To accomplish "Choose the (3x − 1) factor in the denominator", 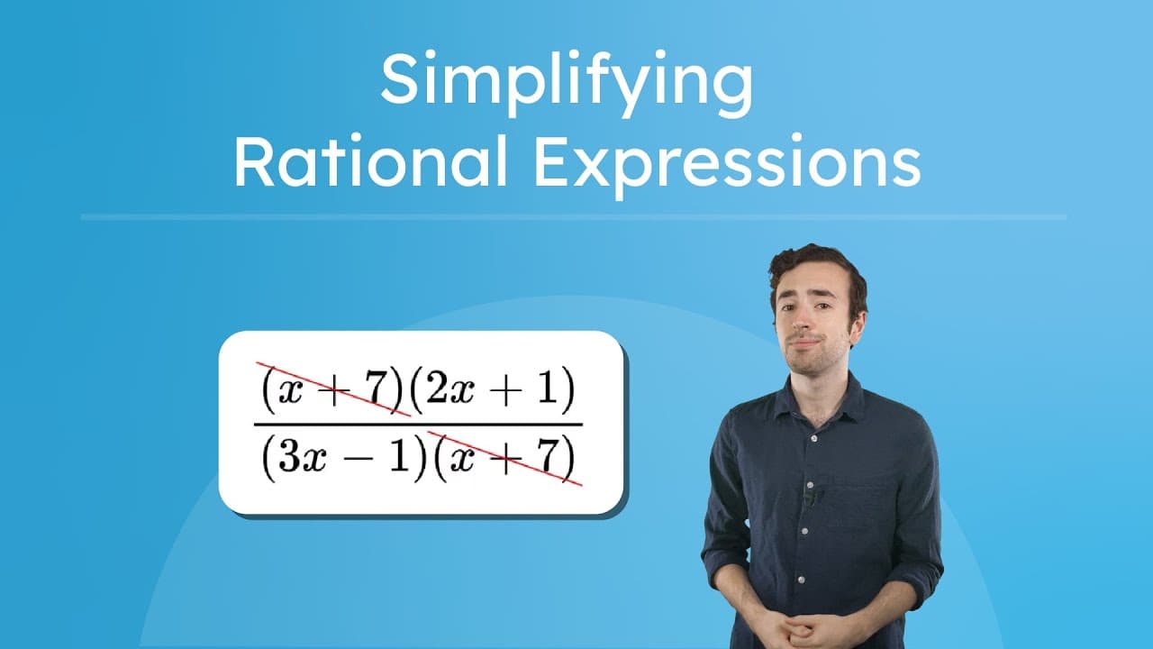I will click(x=342, y=460).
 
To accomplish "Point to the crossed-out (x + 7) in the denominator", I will click(x=502, y=460).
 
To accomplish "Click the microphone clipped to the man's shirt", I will click(x=810, y=495).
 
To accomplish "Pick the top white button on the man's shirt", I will click(x=815, y=438).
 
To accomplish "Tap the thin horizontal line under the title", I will click(x=573, y=217).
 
